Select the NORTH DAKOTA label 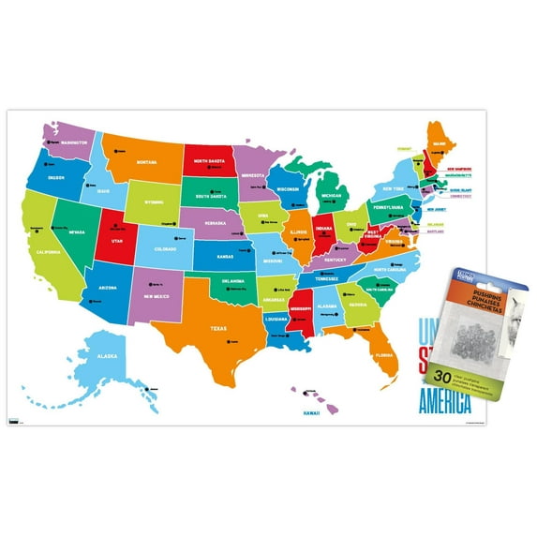(x=212, y=160)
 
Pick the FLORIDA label (x=382, y=356)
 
